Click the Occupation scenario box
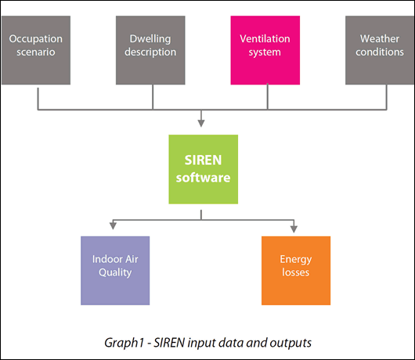click(35, 49)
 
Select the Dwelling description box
click(150, 49)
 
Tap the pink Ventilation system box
click(265, 49)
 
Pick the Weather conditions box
click(380, 49)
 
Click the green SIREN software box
click(203, 169)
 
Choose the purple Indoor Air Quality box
click(114, 270)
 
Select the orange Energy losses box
click(295, 270)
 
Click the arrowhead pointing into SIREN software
click(203, 122)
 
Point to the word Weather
click(380, 38)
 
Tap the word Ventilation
click(265, 38)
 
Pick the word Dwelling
click(150, 38)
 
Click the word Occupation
click(35, 38)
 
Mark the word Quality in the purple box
click(114, 273)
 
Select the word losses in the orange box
click(295, 273)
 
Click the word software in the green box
click(203, 178)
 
